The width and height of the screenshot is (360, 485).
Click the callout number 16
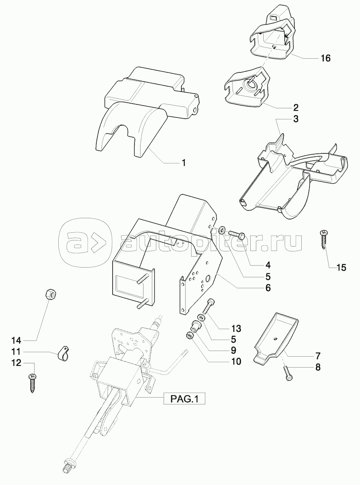tap(326, 58)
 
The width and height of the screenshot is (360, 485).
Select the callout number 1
tap(183, 163)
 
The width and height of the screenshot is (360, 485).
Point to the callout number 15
tap(341, 268)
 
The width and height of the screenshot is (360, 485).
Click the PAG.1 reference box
tap(185, 399)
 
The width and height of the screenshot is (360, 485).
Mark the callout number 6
tap(268, 288)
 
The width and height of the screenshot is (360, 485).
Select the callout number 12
tap(16, 363)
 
